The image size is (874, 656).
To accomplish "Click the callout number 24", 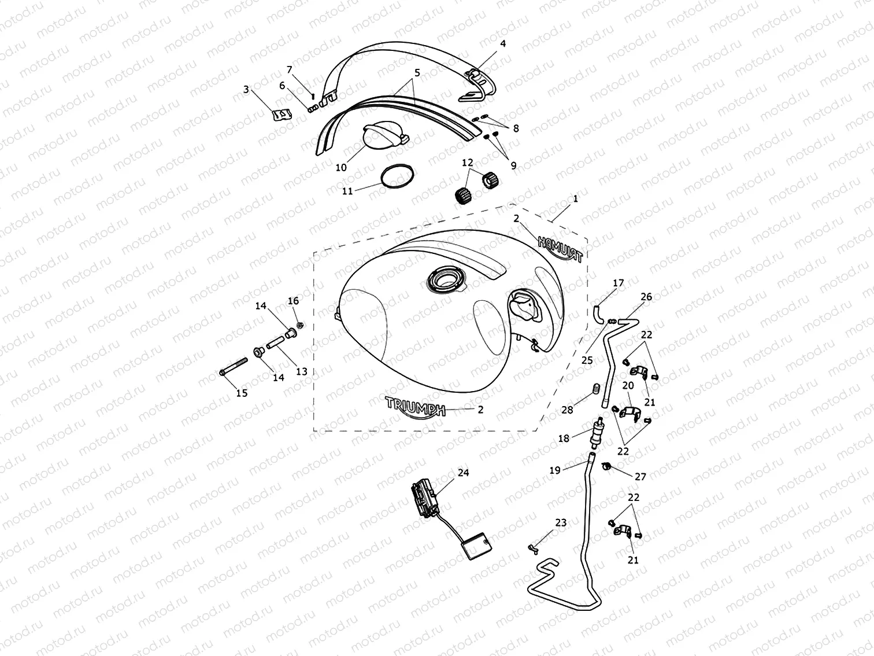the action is [x=463, y=473].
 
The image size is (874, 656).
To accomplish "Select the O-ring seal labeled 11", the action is [x=397, y=176].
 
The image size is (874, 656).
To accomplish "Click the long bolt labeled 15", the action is [x=234, y=366].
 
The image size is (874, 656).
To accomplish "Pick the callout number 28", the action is [x=567, y=410].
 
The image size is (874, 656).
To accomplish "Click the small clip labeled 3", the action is [x=282, y=115].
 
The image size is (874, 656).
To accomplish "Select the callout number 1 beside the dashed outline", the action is [x=575, y=198].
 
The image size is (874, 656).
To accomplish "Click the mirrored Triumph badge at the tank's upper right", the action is [x=560, y=249].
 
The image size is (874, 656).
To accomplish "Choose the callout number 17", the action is [x=618, y=283].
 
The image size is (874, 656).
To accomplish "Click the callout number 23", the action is [x=561, y=522].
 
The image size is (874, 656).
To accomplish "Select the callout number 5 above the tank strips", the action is [x=417, y=73].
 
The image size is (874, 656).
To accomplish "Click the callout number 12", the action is [x=468, y=163].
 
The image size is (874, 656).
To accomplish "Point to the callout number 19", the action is [x=555, y=470].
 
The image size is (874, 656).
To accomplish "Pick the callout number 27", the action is [x=640, y=476].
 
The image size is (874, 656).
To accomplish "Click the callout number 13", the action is [x=302, y=371].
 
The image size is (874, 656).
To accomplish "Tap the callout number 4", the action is [x=503, y=43].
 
